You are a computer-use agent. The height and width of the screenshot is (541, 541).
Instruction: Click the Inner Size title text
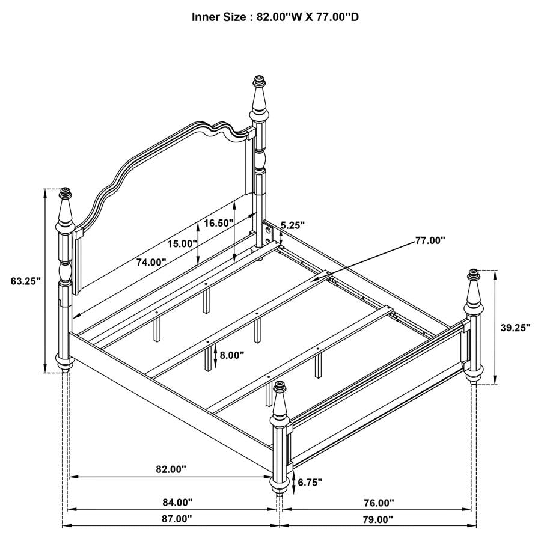(x=275, y=17)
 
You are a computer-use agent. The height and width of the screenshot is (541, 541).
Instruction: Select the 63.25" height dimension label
(x=25, y=281)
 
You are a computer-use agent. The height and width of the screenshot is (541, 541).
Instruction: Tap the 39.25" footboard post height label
(x=515, y=328)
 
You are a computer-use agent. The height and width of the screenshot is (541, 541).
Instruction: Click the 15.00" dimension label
(x=183, y=244)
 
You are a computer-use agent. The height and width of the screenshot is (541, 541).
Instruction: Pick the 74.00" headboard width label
(x=150, y=262)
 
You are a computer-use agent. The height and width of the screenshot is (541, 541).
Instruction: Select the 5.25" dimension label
(x=292, y=225)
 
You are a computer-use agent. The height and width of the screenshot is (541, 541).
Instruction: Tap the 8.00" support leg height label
(x=231, y=355)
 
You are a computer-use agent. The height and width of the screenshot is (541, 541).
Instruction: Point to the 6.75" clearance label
(x=310, y=482)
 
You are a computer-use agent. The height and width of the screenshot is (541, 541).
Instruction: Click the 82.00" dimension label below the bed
(x=171, y=469)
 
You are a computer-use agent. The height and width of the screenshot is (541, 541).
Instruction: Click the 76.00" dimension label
(x=379, y=503)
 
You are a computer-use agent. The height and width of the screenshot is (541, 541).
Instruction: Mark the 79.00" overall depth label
(x=378, y=519)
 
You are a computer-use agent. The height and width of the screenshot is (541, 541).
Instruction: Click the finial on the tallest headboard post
(x=260, y=81)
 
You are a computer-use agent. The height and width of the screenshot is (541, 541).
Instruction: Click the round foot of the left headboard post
(x=64, y=362)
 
